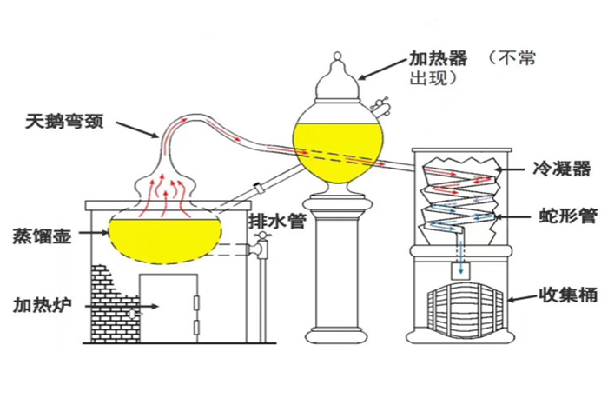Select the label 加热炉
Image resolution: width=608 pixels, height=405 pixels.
point(41,305)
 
